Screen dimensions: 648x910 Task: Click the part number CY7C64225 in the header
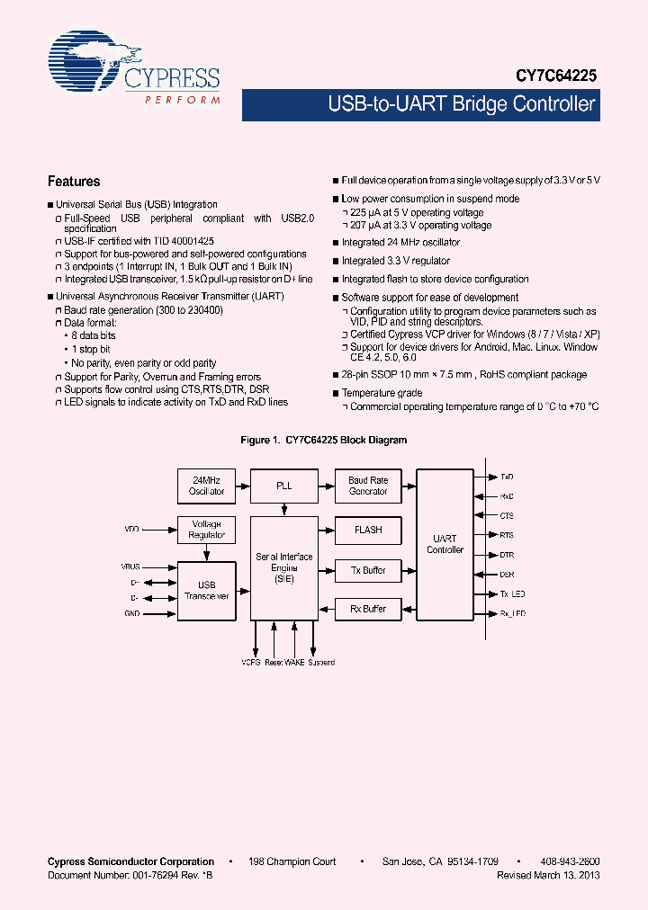click(x=555, y=78)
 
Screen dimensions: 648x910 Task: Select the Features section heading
click(x=74, y=181)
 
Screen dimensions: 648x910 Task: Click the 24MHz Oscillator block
click(x=206, y=486)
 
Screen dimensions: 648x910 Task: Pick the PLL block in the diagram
click(x=283, y=486)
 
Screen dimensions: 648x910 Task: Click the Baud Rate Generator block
click(x=368, y=486)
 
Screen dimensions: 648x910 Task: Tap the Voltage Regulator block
click(x=206, y=530)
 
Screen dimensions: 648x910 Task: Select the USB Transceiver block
click(x=206, y=590)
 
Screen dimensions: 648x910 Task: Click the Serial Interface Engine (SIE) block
click(x=283, y=567)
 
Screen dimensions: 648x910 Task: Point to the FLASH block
click(x=368, y=530)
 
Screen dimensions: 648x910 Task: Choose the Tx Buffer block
click(x=368, y=570)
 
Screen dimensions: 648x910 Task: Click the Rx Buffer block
click(x=368, y=609)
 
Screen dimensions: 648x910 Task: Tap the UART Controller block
click(x=445, y=544)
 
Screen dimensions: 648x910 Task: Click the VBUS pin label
click(x=130, y=567)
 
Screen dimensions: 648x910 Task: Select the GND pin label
click(x=132, y=612)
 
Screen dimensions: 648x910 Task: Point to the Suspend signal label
click(x=321, y=663)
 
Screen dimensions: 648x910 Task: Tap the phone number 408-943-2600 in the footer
click(x=571, y=861)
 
